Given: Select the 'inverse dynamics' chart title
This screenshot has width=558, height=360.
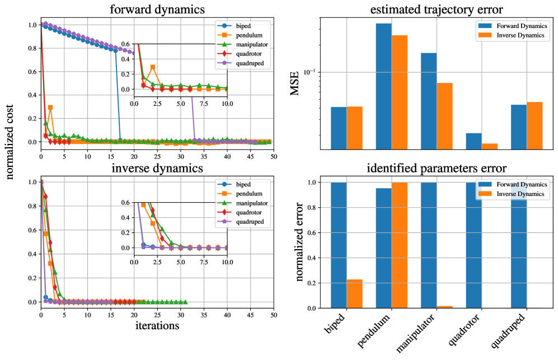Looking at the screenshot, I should point(157,168).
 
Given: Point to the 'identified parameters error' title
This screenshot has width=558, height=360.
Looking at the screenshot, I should point(437,168).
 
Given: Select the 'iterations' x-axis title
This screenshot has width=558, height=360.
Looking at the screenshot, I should point(157,325).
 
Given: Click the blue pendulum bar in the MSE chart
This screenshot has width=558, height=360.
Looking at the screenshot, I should point(383,87).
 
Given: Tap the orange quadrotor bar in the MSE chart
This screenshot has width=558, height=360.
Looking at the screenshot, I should point(489,147).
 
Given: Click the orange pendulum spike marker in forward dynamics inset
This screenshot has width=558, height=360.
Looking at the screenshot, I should point(153,67).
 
